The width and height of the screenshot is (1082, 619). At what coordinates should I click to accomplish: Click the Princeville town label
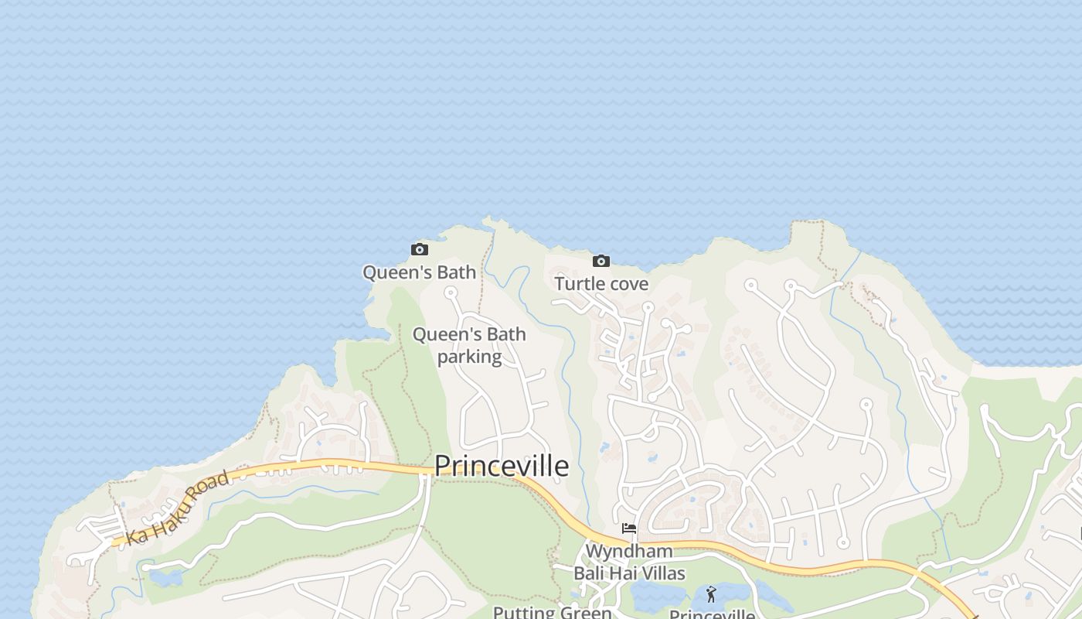501,466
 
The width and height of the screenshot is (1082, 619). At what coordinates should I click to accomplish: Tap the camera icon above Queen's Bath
420,249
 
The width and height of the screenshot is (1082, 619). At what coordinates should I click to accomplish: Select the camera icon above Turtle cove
601,261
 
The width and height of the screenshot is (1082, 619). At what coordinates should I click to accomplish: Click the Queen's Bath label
420,272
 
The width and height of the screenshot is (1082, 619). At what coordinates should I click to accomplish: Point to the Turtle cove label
601,284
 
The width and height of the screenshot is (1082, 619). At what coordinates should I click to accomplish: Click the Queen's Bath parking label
469,345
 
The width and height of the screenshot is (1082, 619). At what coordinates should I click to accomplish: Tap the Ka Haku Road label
178,508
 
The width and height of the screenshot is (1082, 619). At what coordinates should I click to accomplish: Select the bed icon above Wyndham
629,528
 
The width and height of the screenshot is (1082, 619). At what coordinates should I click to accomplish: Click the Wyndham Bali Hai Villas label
629,563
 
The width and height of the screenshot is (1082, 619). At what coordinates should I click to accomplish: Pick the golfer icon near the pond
711,594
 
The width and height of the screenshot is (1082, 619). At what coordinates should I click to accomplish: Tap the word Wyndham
629,552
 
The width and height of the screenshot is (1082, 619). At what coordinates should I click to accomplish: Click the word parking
470,357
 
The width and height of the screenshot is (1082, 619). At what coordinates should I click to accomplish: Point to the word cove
627,284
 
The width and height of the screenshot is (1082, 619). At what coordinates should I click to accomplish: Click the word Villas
660,573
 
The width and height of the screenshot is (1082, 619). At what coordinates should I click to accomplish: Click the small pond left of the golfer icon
657,596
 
